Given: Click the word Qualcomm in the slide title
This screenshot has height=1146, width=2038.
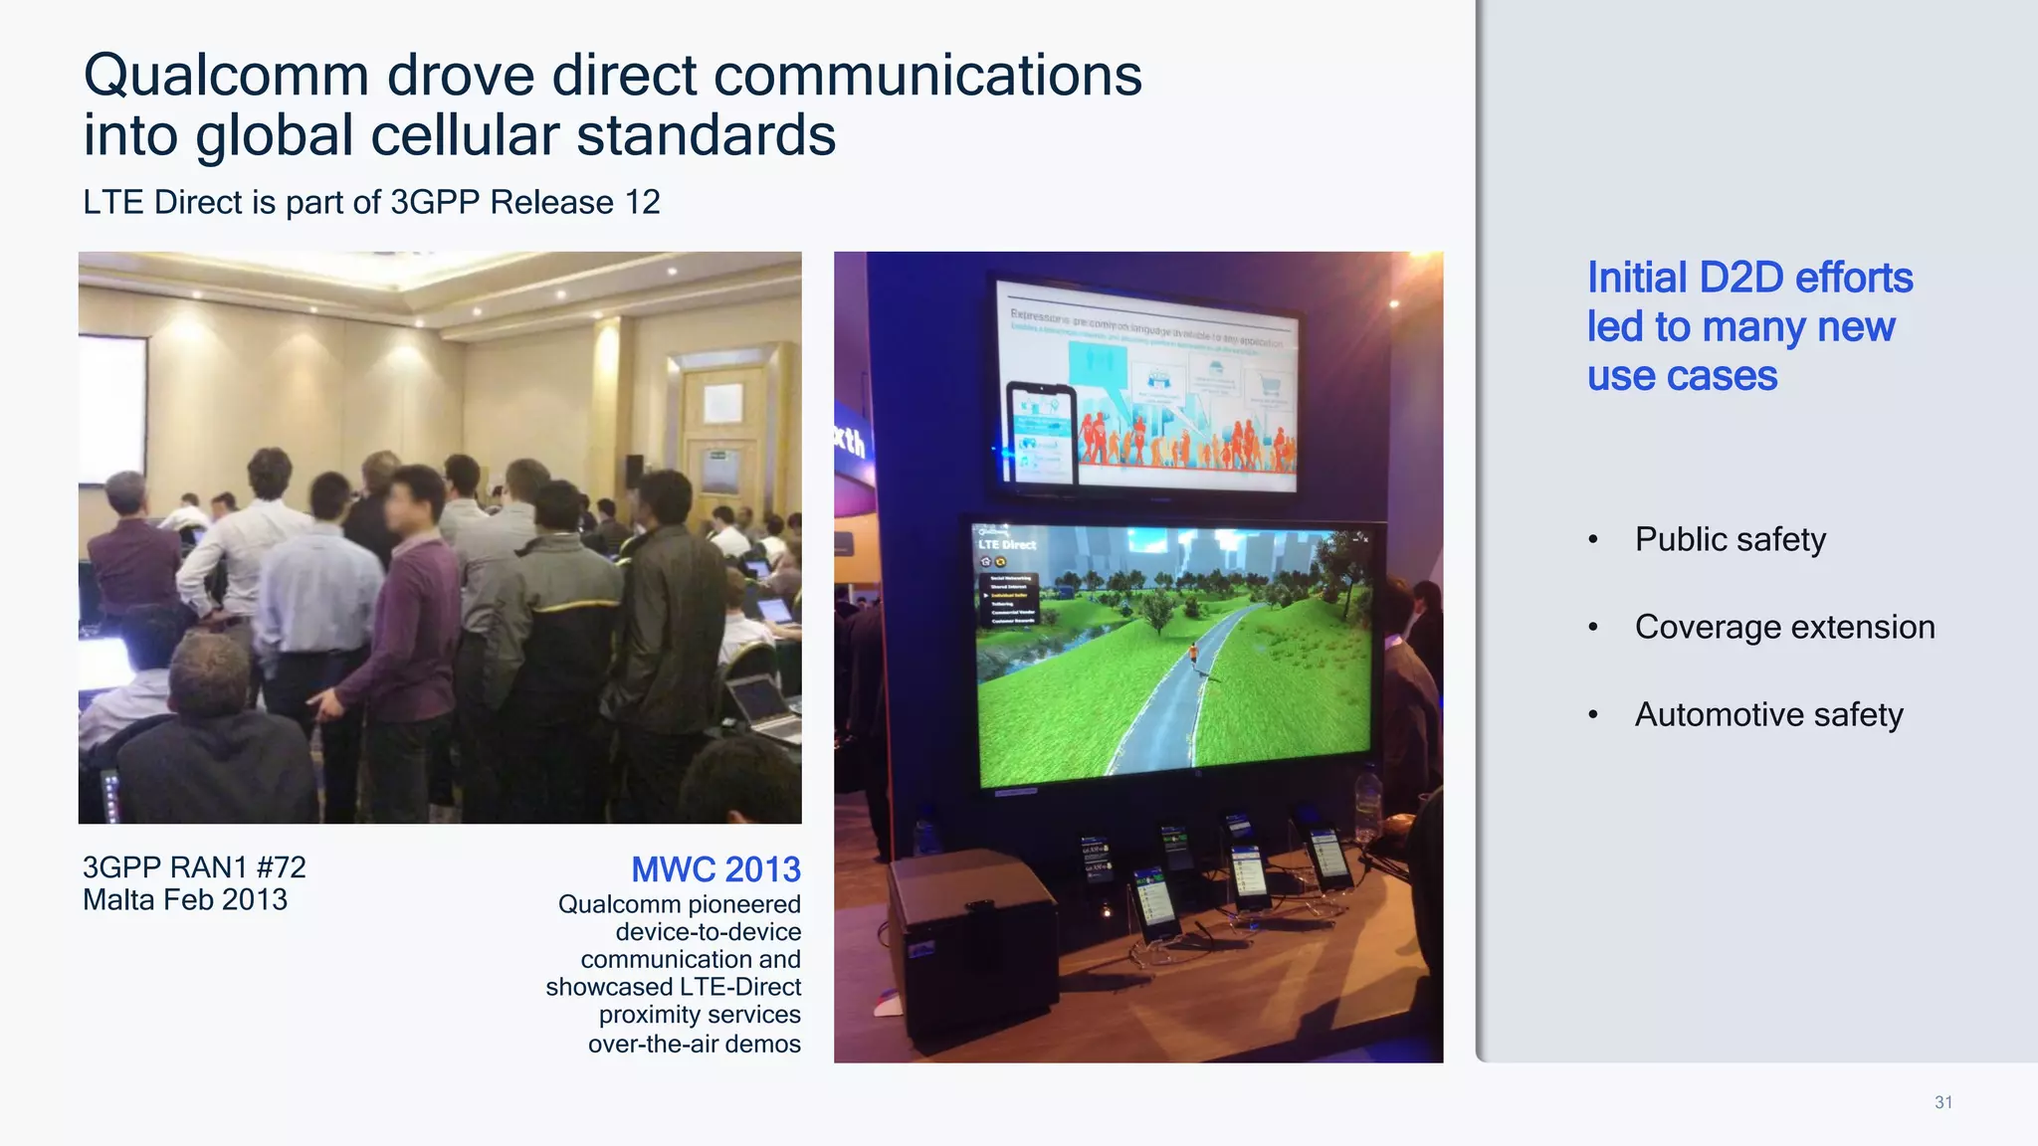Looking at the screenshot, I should pyautogui.click(x=226, y=76).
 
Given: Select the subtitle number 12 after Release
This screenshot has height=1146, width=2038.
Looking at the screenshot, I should pyautogui.click(x=642, y=202).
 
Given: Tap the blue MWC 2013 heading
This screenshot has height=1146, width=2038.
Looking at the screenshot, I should pyautogui.click(x=715, y=869).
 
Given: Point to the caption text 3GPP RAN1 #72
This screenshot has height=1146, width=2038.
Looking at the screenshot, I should pyautogui.click(x=194, y=866).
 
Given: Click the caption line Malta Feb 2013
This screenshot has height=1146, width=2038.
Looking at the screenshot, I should pyautogui.click(x=185, y=899).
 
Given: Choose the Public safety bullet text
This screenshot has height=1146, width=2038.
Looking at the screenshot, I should pyautogui.click(x=1730, y=539).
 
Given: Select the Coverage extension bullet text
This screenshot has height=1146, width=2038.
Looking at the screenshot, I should pyautogui.click(x=1784, y=627).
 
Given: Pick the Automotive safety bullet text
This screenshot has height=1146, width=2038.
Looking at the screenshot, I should pyautogui.click(x=1768, y=714).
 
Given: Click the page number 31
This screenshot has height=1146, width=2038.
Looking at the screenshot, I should pyautogui.click(x=1942, y=1102).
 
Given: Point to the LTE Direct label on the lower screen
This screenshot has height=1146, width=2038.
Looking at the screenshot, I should pyautogui.click(x=1006, y=544).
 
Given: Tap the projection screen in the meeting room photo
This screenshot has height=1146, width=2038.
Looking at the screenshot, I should pyautogui.click(x=111, y=408).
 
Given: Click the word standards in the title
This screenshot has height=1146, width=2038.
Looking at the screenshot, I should pyautogui.click(x=706, y=135).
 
